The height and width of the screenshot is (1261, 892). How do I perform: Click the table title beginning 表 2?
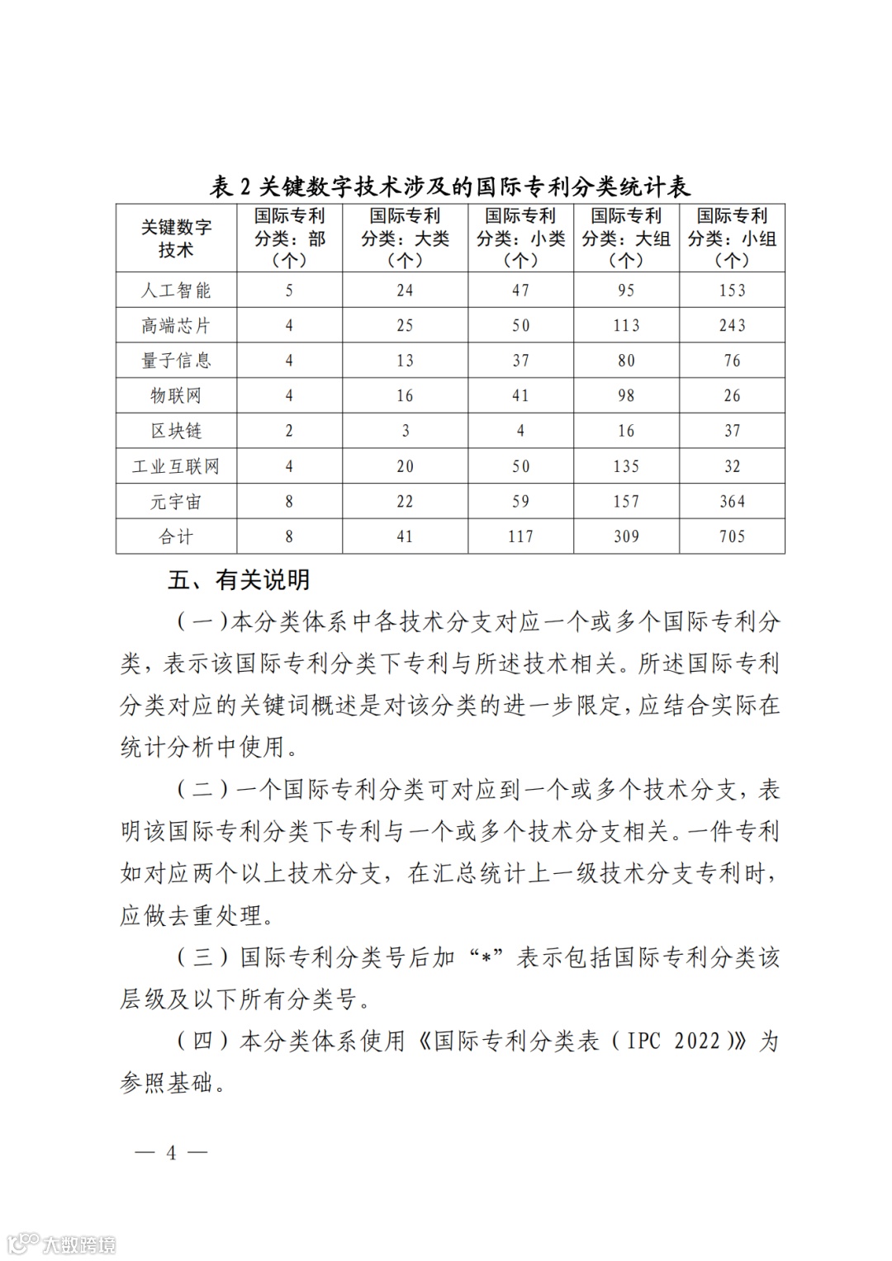(450, 186)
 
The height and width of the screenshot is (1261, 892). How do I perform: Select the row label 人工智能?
(176, 290)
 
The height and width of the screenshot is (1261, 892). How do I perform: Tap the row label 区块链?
(176, 431)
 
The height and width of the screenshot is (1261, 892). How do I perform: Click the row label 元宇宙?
(176, 501)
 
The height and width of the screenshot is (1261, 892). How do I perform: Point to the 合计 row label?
(176, 536)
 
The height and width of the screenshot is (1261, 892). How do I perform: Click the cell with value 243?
(732, 326)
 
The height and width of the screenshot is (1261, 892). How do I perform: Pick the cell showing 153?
(732, 290)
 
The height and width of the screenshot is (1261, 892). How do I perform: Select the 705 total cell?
(732, 536)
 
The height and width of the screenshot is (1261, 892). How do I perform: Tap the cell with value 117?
(520, 536)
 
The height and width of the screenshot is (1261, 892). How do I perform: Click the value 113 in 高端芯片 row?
(626, 326)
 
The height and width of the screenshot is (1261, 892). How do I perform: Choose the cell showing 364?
(732, 501)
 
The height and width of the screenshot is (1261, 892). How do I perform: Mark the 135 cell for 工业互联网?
(626, 466)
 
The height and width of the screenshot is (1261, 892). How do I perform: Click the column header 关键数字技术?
(176, 239)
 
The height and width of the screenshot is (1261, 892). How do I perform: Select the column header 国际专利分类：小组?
(732, 239)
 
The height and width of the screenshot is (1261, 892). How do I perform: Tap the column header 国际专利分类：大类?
(405, 239)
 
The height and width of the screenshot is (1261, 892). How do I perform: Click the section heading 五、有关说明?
(239, 580)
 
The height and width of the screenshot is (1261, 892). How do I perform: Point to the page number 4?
(172, 1152)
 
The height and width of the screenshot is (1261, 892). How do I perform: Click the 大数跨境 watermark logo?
(62, 1243)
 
